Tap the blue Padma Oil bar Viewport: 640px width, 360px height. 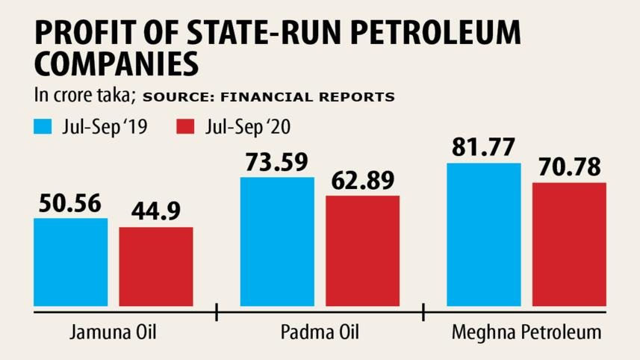pyautogui.click(x=277, y=241)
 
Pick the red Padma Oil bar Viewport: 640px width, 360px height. pyautogui.click(x=363, y=250)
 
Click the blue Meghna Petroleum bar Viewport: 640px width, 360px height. pyautogui.click(x=483, y=234)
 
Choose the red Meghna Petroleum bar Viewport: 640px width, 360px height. pyautogui.click(x=569, y=243)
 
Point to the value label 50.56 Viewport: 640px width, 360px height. pyautogui.click(x=71, y=204)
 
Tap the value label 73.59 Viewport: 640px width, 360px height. pyautogui.click(x=277, y=162)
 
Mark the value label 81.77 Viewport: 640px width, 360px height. pyautogui.click(x=483, y=148)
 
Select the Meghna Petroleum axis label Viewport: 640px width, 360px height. pyautogui.click(x=526, y=331)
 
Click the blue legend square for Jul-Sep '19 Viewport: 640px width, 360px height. pyautogui.click(x=42, y=126)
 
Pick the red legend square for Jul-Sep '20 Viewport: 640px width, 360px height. pyautogui.click(x=185, y=126)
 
